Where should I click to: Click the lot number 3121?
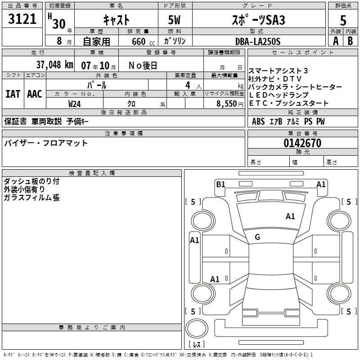(x=22, y=19)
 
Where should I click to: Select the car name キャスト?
(x=116, y=20)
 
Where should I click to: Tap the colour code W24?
(x=75, y=103)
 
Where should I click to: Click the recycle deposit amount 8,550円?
(x=230, y=103)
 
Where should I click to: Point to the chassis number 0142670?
(x=302, y=143)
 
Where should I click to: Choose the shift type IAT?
(x=13, y=94)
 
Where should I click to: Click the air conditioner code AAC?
(x=35, y=94)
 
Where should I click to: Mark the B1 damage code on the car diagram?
(x=220, y=184)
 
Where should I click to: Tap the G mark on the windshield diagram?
(x=257, y=237)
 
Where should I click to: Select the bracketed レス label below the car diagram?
(x=197, y=345)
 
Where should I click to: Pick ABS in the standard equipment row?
(x=258, y=121)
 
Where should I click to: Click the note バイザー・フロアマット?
(x=46, y=143)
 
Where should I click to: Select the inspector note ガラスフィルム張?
(x=31, y=198)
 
